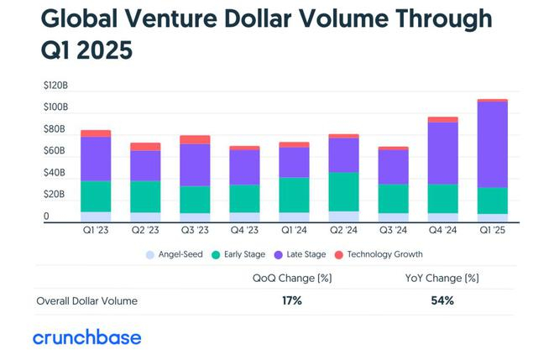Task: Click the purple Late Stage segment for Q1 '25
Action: (492, 144)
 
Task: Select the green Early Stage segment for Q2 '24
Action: (343, 191)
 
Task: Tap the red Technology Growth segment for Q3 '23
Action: (195, 139)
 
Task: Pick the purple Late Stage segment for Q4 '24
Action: (442, 153)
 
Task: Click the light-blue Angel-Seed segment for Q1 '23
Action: (96, 217)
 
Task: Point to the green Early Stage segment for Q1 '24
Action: (294, 195)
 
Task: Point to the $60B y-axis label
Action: (55, 151)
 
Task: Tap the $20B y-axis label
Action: (55, 195)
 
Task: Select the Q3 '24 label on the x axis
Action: (393, 230)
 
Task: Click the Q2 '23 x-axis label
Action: (145, 230)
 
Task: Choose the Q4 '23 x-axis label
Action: (244, 230)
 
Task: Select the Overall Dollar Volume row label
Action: (87, 300)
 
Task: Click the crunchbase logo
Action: (86, 337)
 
